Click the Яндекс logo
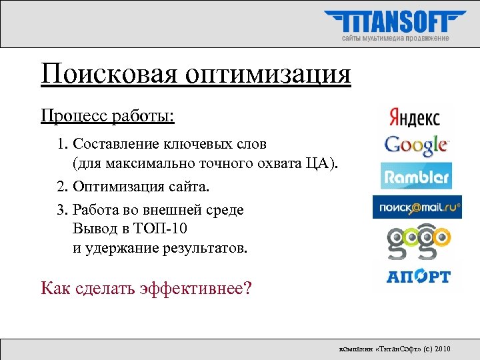(413, 117)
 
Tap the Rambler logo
(416, 177)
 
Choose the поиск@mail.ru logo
(417, 207)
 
